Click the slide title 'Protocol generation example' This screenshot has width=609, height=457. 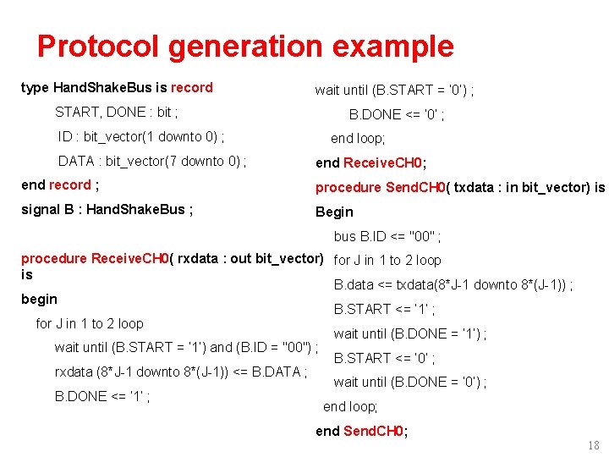(x=245, y=46)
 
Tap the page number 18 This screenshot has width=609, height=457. (x=593, y=445)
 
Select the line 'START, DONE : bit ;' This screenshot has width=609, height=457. (x=117, y=112)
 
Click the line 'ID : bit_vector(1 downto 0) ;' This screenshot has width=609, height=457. (x=141, y=136)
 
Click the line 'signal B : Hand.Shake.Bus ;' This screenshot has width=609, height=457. (x=107, y=210)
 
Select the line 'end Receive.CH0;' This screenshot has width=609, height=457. (x=370, y=162)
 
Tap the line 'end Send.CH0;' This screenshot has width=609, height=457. (x=361, y=431)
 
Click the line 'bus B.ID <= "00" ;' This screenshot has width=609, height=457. (x=387, y=236)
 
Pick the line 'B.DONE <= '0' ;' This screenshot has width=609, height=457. (x=397, y=114)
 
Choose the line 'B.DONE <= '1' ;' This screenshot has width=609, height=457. (x=102, y=396)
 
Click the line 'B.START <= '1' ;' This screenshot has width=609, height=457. (x=385, y=310)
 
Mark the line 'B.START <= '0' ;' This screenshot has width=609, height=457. (x=385, y=358)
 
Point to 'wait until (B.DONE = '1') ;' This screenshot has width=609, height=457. (x=409, y=333)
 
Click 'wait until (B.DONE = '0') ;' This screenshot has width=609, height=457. (x=409, y=383)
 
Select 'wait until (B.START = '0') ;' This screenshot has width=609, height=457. (x=394, y=90)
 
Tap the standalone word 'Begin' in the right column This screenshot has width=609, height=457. (x=334, y=212)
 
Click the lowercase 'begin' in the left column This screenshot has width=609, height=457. (x=39, y=299)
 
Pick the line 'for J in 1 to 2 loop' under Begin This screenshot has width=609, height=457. (x=387, y=261)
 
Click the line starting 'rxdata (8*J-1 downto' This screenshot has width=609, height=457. (x=180, y=372)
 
